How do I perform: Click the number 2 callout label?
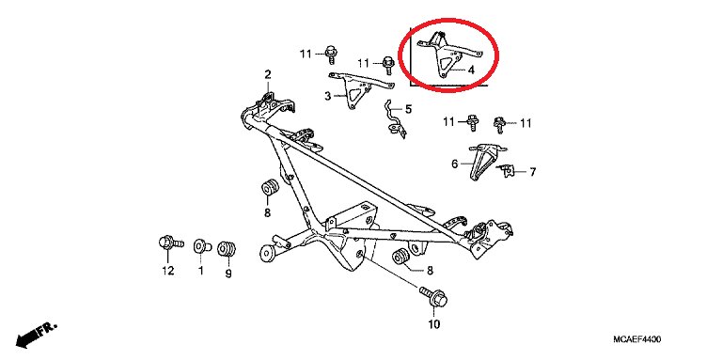click(268, 74)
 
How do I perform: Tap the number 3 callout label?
click(327, 96)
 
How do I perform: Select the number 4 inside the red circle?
click(471, 70)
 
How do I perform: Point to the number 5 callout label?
click(408, 110)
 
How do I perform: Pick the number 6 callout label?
click(455, 164)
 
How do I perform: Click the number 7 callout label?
click(532, 172)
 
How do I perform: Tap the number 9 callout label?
click(228, 274)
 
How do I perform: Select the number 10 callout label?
click(433, 324)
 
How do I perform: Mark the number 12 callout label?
click(168, 271)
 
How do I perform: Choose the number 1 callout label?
click(201, 271)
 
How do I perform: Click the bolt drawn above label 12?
click(170, 243)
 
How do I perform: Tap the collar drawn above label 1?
click(202, 246)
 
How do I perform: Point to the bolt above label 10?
click(433, 297)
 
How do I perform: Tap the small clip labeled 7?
click(507, 171)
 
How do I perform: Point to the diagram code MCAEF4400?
click(636, 339)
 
